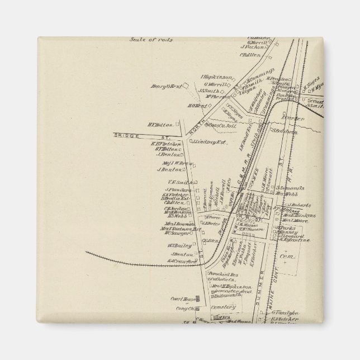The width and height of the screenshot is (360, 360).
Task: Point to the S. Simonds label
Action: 290,188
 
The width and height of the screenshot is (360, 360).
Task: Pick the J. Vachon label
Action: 255,48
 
